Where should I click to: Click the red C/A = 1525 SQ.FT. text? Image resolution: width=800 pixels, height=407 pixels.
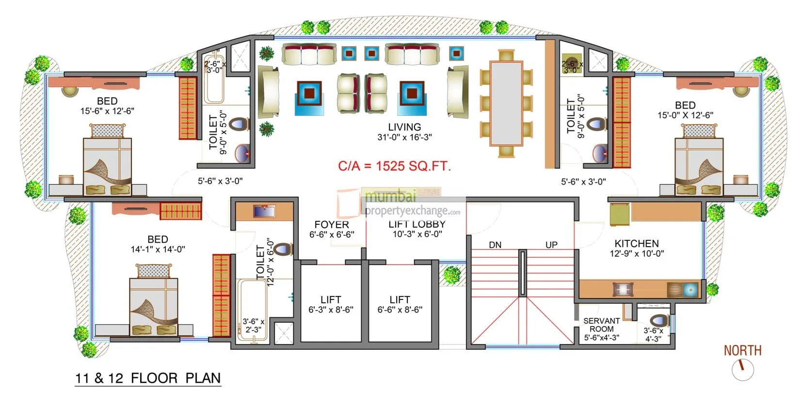394,166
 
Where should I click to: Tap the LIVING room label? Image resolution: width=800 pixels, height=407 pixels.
404,127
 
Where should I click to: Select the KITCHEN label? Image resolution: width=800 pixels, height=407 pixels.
636,243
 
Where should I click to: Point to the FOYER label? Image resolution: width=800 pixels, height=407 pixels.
332,224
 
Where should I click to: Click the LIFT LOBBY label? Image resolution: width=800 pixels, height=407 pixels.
416,224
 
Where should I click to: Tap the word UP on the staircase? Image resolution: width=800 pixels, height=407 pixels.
551,245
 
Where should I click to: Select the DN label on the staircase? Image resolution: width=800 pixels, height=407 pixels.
495,245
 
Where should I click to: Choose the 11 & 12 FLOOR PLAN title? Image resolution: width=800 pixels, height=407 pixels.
148,378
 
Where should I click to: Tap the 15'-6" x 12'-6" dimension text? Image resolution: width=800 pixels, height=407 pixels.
107,111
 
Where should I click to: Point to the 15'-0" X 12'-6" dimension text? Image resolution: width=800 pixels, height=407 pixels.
685,115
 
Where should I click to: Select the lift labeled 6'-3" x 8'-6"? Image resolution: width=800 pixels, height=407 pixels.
331,304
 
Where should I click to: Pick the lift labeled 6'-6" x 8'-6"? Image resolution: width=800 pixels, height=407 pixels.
400,304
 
